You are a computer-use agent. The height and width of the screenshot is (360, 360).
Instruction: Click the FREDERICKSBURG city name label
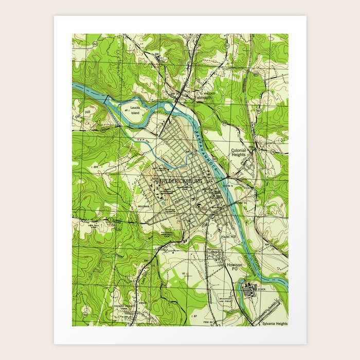(x=181, y=182)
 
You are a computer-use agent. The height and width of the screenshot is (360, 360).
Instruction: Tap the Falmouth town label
(x=203, y=97)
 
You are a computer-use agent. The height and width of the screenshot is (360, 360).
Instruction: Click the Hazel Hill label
(x=227, y=235)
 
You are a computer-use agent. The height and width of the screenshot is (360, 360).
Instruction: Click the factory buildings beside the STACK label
(x=248, y=290)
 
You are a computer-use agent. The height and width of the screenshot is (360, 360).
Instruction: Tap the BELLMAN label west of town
(x=143, y=206)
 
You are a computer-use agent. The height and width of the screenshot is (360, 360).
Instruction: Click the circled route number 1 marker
(x=110, y=220)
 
